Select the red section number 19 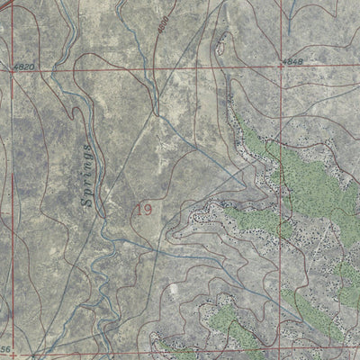point(142,210)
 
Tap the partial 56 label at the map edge point(5,348)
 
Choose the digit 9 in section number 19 point(147,210)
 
